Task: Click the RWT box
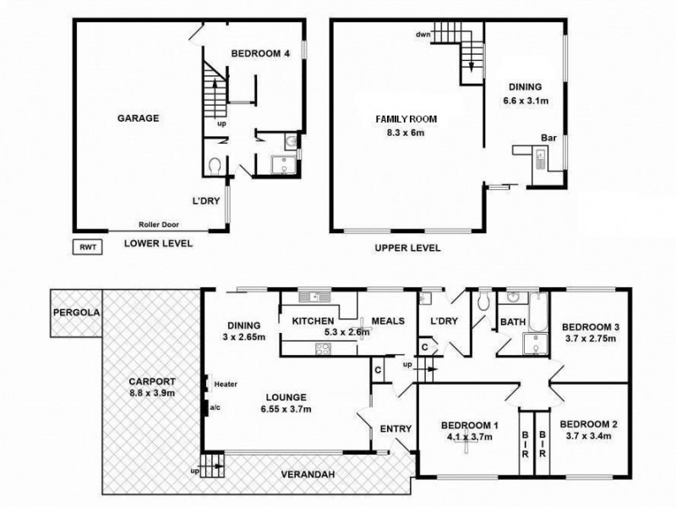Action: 87,248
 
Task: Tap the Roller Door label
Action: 163,225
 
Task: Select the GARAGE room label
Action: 139,118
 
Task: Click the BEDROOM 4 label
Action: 260,53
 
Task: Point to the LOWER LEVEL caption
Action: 158,243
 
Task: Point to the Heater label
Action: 225,384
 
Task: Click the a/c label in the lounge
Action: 216,407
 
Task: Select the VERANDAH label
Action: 308,475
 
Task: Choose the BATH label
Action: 513,322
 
